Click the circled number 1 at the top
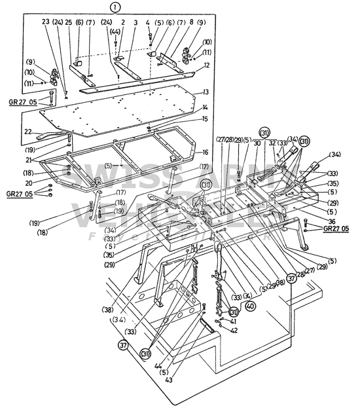coord(116,9)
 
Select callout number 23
coord(46,22)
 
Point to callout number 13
coord(206,92)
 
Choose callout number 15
coord(206,119)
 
